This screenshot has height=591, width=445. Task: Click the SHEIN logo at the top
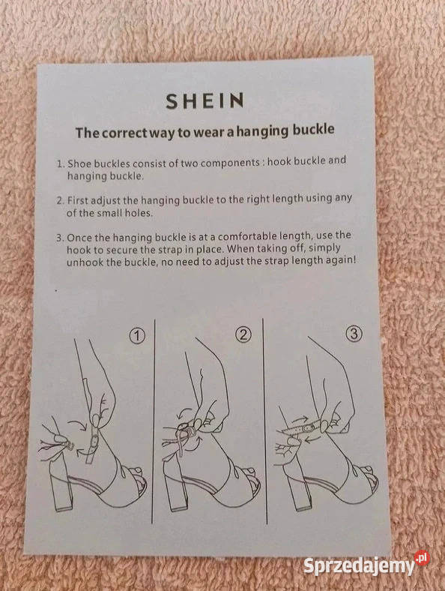tap(205, 101)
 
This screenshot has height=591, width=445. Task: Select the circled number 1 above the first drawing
tap(137, 335)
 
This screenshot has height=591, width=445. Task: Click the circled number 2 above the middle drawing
tap(243, 334)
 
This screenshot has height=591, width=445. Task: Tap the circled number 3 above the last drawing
tap(354, 333)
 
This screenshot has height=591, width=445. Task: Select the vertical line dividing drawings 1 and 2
tap(154, 421)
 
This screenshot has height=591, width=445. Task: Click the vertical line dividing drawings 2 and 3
tap(264, 421)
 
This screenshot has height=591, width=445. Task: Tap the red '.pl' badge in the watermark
tap(422, 557)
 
